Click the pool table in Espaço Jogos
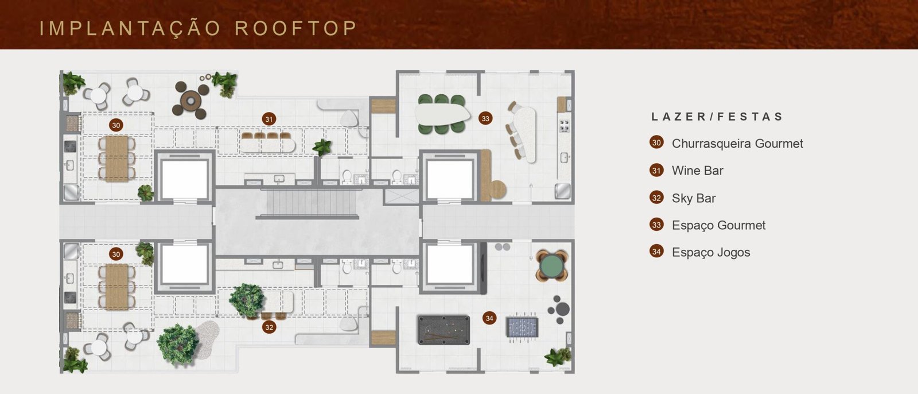click(x=444, y=330)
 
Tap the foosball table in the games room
click(x=522, y=327)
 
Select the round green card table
click(x=552, y=266)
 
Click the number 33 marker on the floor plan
click(x=485, y=119)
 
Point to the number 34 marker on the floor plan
click(x=489, y=318)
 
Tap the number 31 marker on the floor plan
click(x=269, y=119)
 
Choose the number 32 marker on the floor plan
click(x=269, y=327)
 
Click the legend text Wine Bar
click(x=698, y=171)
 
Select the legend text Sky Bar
click(x=694, y=198)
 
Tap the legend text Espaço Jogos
click(x=711, y=252)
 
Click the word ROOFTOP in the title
click(x=295, y=28)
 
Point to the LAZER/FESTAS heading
click(x=717, y=117)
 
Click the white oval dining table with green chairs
click(x=442, y=114)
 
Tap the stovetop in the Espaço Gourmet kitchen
click(x=565, y=126)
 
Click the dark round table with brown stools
click(x=191, y=99)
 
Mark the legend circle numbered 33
click(x=656, y=225)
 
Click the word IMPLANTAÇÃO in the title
click(x=130, y=29)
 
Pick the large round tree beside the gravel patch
click(x=178, y=345)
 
